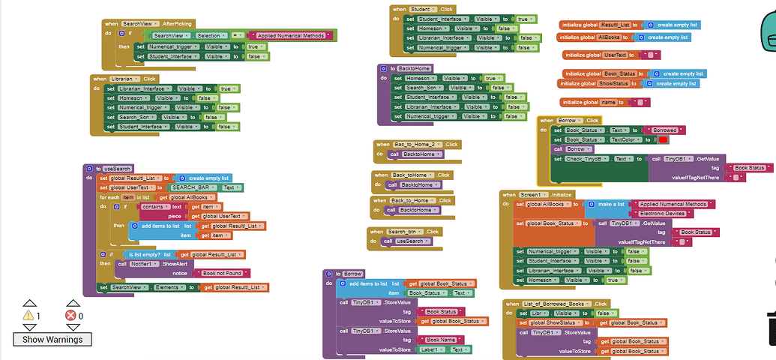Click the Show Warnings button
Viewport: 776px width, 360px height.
point(52,339)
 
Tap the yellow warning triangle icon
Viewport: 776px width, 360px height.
point(29,316)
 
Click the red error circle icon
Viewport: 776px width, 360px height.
point(71,316)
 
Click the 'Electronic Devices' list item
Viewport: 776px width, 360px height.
point(666,214)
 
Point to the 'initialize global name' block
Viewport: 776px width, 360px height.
point(592,102)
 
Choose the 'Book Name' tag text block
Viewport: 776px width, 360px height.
point(442,340)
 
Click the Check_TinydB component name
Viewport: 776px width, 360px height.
point(585,159)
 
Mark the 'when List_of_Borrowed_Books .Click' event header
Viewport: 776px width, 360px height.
point(556,303)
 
